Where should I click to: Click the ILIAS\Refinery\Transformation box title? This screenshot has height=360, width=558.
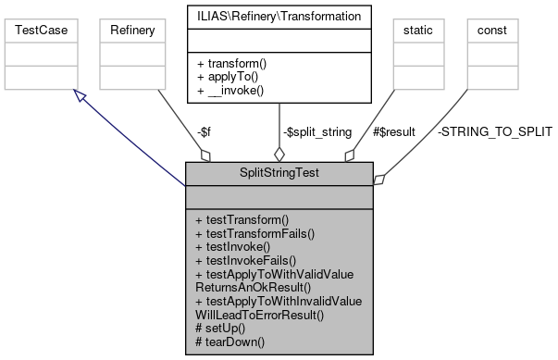pyautogui.click(x=279, y=15)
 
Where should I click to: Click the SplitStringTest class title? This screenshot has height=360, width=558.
pyautogui.click(x=279, y=174)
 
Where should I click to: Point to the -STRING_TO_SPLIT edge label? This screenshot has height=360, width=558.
pyautogui.click(x=494, y=132)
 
